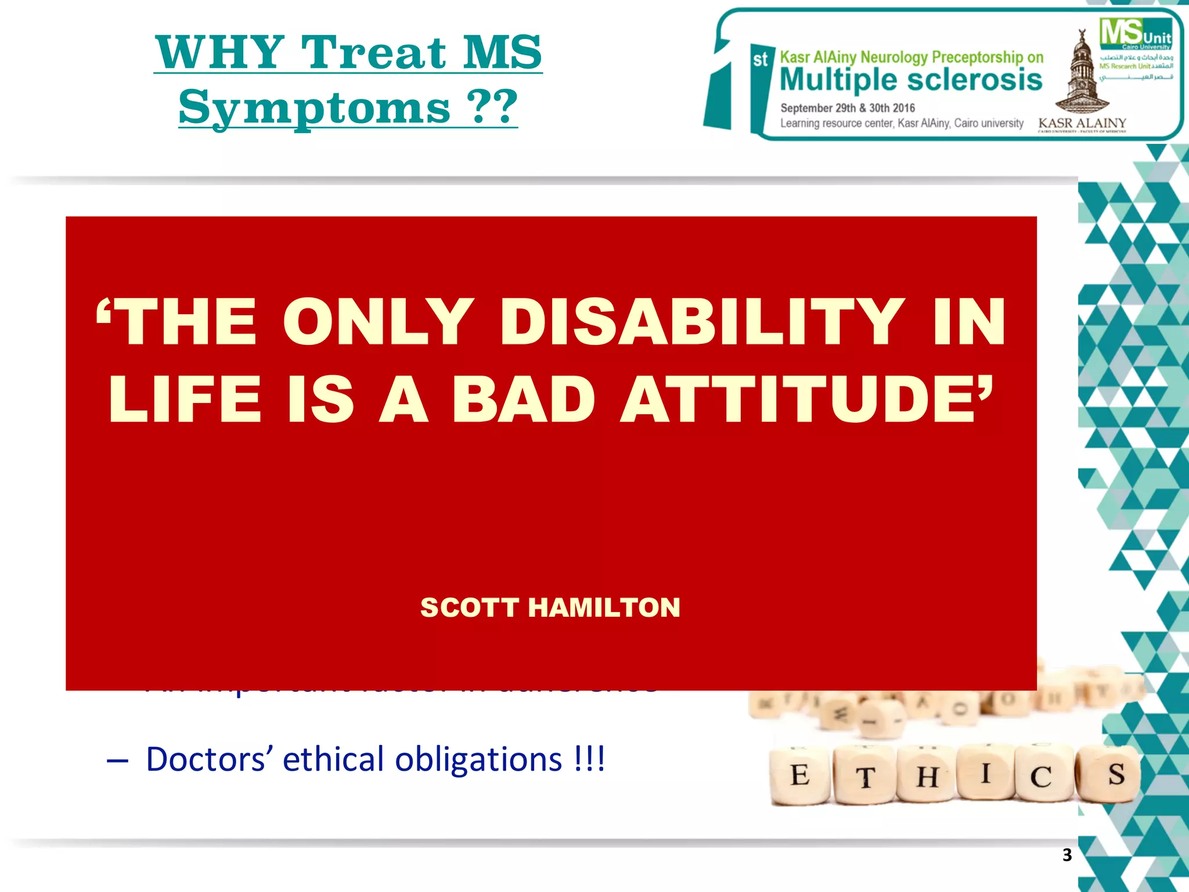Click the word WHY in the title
point(219,53)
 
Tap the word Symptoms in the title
point(314,107)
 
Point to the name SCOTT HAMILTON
point(550,608)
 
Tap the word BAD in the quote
point(523,400)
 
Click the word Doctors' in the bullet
point(209,760)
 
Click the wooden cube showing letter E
point(800,776)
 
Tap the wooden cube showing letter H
point(927,776)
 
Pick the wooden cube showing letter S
point(1114,775)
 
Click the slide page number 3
point(1067,855)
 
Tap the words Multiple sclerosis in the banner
point(910,80)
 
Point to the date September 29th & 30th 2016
point(847,108)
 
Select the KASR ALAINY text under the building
point(1082,123)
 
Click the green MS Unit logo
point(1135,34)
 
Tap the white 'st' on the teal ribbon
point(760,59)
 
